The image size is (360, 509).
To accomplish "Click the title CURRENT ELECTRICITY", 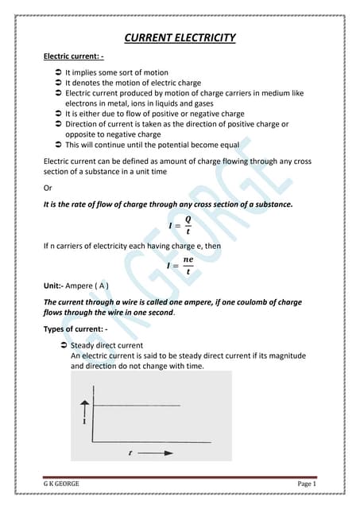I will click(180, 38).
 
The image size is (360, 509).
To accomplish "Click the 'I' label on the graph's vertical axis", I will click(85, 423).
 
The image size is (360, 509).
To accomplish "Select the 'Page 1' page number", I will click(307, 484).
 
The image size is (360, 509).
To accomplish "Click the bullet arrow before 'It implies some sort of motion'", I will click(59, 72).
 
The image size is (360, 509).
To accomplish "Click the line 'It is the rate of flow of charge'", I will click(168, 205).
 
